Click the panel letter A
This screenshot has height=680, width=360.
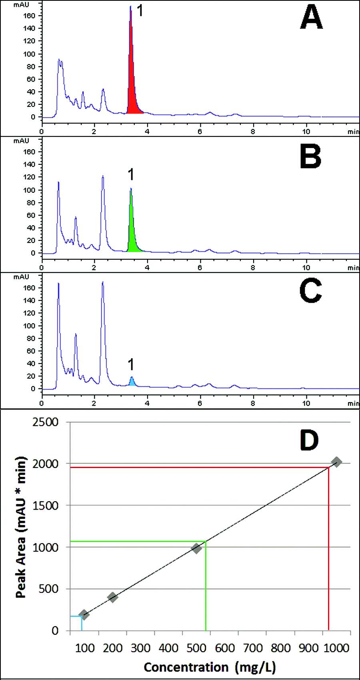pos(311,19)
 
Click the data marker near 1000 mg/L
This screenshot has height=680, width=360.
pos(336,462)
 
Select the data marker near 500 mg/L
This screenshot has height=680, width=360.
pos(196,548)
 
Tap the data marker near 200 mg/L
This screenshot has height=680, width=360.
pos(112,597)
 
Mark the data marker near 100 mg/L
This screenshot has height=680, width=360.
pos(84,614)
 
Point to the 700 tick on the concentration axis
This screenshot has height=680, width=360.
pos(253,648)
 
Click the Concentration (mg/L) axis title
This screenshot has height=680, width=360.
pos(210,667)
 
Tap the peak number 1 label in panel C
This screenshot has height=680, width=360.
pos(131,364)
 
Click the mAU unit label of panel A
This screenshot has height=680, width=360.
pos(21,5)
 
